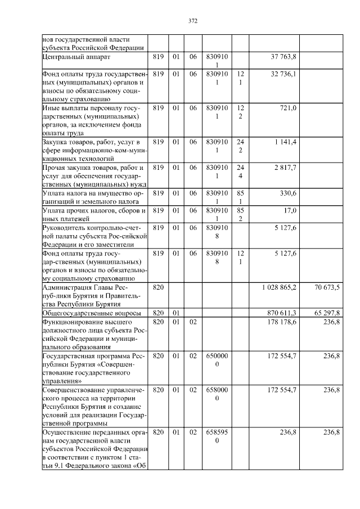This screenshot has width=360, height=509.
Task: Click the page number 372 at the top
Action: (x=193, y=21)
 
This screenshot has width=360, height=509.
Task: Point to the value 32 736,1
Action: (x=283, y=74)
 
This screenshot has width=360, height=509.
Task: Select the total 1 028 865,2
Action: (x=279, y=287)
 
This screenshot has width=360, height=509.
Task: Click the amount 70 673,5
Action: (x=327, y=287)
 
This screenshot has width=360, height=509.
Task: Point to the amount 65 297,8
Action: (x=327, y=312)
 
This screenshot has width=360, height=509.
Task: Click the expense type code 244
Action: (x=240, y=172)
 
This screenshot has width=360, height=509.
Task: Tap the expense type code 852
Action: (x=240, y=214)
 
